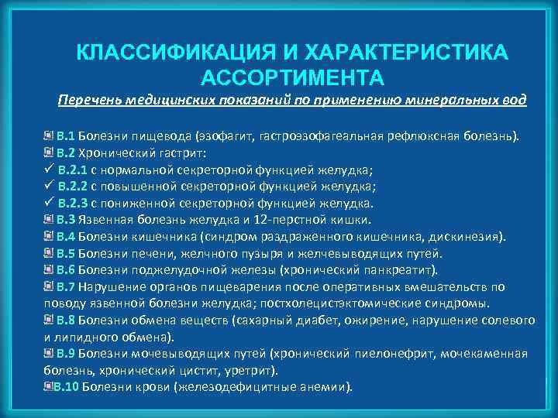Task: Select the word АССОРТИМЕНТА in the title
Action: click(x=291, y=77)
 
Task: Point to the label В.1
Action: click(x=65, y=137)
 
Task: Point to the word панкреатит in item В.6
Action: click(x=400, y=270)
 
